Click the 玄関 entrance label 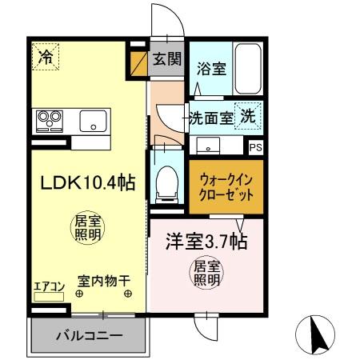click(x=167, y=60)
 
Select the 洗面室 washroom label click(x=211, y=118)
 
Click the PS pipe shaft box click(x=255, y=147)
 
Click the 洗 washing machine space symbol click(x=250, y=115)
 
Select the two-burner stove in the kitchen click(x=50, y=122)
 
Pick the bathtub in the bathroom click(x=250, y=69)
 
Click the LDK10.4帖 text click(x=77, y=182)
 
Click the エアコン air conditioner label click(x=48, y=283)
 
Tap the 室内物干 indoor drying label click(x=104, y=282)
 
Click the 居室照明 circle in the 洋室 click(x=206, y=274)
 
